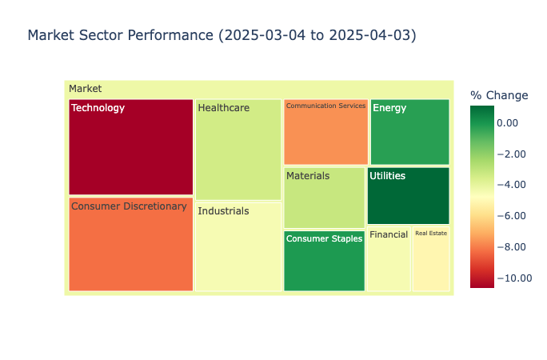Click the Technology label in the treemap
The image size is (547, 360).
click(98, 108)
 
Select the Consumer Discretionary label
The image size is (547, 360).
click(129, 206)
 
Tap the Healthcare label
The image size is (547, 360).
click(223, 108)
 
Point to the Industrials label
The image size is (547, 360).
click(223, 211)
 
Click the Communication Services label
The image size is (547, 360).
click(325, 106)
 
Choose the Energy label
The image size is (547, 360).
click(389, 108)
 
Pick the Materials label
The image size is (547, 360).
click(307, 175)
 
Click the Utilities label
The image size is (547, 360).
click(387, 176)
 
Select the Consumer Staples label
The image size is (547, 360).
click(324, 238)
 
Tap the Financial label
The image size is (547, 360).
click(389, 235)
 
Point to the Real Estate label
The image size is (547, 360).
click(431, 234)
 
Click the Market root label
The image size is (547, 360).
click(85, 89)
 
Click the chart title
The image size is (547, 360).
click(222, 36)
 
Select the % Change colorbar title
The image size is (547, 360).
click(499, 96)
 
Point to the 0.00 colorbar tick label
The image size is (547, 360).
click(514, 122)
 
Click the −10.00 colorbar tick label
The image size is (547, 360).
click(514, 278)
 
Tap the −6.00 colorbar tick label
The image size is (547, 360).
click(514, 215)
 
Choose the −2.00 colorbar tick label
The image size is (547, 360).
click(514, 154)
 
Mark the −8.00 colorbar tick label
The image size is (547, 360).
click(514, 246)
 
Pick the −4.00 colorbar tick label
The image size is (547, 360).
click(514, 185)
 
